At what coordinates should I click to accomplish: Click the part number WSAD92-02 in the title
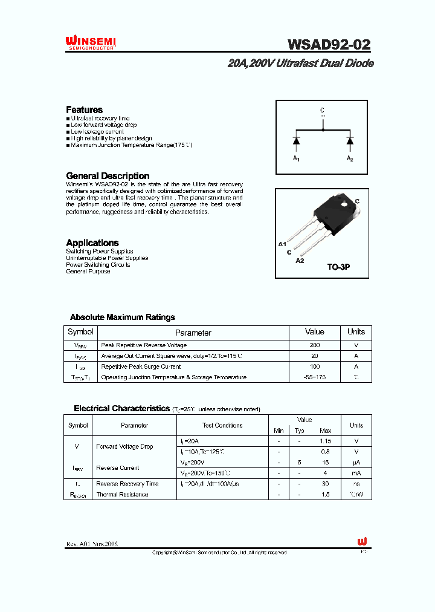[329, 44]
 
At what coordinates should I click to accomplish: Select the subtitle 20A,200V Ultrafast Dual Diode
[300, 63]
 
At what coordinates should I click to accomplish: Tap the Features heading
[84, 109]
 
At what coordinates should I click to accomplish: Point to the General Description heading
[108, 176]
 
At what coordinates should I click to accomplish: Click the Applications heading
[92, 243]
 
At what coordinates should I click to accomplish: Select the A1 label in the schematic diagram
[296, 158]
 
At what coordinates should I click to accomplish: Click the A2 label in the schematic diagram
[350, 158]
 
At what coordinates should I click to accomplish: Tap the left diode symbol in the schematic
[296, 140]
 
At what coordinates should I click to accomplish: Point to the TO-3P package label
[338, 267]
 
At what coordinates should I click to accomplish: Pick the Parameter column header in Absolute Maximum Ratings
[193, 333]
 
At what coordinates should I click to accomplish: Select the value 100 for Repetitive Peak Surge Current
[315, 366]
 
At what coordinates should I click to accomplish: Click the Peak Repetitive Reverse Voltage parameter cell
[144, 345]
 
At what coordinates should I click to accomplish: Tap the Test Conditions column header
[222, 425]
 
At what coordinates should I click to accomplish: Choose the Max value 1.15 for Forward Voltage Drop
[325, 441]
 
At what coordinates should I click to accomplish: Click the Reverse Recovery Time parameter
[127, 484]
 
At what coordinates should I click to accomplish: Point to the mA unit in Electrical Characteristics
[356, 473]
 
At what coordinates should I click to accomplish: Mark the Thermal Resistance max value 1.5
[325, 495]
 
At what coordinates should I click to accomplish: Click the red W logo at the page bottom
[362, 541]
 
